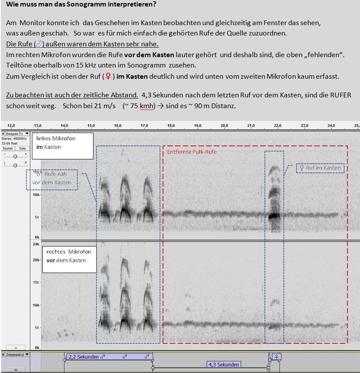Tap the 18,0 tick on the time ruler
tap(171, 125)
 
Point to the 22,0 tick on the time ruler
tap(278, 125)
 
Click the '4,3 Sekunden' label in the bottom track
tap(223, 364)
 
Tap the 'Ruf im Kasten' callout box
tap(320, 168)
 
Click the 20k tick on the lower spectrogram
tap(37, 260)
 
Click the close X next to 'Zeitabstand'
tap(3, 354)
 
